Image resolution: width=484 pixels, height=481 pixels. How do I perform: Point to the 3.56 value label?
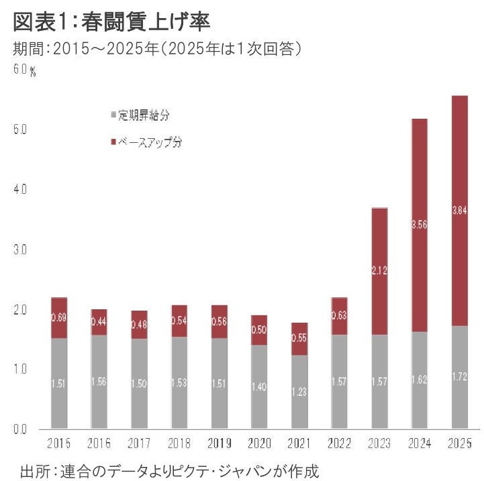point(419,225)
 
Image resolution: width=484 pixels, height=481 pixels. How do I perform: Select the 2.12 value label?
point(379,271)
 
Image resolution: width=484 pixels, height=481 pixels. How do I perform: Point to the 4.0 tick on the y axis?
point(20,190)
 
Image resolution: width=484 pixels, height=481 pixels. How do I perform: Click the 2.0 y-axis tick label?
point(20,310)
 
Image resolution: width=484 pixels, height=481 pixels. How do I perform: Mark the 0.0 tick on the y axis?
point(20,429)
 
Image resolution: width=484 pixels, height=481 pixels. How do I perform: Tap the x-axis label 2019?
point(220,443)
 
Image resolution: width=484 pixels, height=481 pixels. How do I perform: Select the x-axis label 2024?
point(419,443)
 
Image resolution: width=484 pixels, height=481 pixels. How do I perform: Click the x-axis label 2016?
point(99,443)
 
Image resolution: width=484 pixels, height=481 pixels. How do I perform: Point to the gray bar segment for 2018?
point(179,382)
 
